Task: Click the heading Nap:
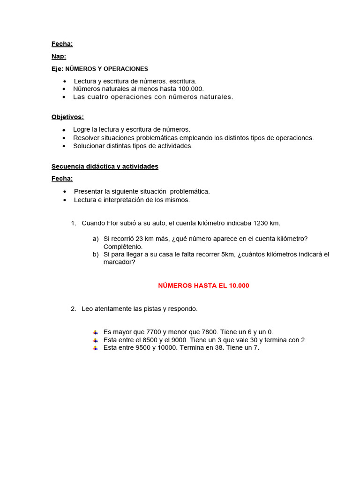(59, 56)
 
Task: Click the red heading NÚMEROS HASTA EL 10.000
(203, 285)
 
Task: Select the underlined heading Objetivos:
(67, 117)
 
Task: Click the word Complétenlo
(123, 247)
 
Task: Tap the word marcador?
(119, 262)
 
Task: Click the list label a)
(96, 239)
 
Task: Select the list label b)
(96, 255)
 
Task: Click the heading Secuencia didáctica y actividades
(105, 166)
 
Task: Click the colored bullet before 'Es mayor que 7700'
(95, 332)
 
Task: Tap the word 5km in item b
(227, 255)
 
